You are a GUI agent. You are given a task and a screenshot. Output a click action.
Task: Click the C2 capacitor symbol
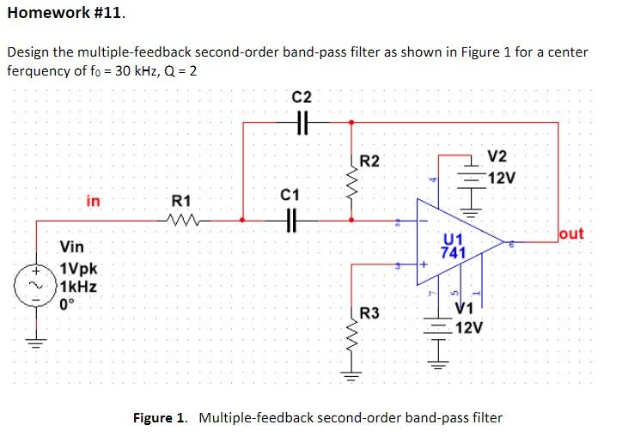[x=302, y=124]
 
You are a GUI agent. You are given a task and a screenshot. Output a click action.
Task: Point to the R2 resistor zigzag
[x=351, y=182]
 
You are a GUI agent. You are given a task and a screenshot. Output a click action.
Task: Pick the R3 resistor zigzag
[x=351, y=339]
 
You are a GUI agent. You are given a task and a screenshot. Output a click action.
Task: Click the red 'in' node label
[x=93, y=201]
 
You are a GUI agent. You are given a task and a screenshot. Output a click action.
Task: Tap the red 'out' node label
[x=570, y=234]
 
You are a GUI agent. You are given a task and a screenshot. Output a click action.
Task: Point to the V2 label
[x=497, y=156]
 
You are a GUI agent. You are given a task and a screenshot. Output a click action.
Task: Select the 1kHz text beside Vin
[x=80, y=284]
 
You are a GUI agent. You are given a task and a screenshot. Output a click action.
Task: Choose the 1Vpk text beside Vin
[x=80, y=267]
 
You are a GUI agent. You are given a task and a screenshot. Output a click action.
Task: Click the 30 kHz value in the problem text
[x=142, y=70]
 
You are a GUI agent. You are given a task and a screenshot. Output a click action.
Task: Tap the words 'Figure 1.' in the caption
[x=160, y=418]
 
